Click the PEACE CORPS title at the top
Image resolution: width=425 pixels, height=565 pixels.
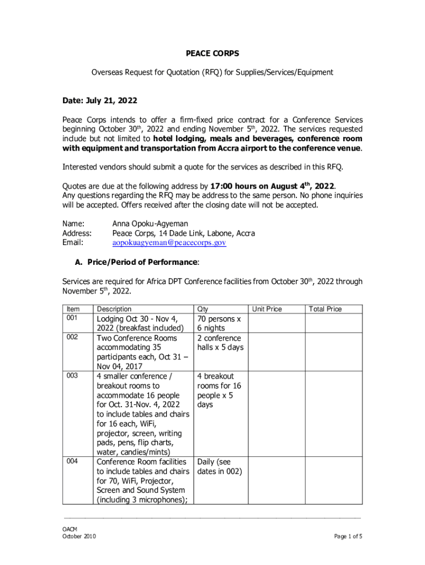(x=212, y=54)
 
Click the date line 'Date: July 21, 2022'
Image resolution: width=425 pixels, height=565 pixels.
(x=99, y=101)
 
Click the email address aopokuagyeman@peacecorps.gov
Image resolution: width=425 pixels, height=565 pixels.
(x=169, y=243)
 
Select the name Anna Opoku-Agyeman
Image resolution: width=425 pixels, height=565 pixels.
(x=150, y=224)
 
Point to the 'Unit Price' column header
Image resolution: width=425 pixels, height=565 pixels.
(x=267, y=309)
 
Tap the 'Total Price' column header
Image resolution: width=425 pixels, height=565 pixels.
(x=325, y=309)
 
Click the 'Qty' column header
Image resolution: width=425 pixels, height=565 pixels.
(x=203, y=309)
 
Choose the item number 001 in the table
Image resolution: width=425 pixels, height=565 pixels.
(x=72, y=319)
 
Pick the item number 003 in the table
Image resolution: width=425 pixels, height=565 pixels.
(x=72, y=376)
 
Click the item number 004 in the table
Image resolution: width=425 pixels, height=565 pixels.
(x=72, y=461)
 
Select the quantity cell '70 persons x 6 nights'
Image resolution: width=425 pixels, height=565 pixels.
(x=219, y=323)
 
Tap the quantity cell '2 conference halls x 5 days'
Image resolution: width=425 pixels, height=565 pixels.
(x=220, y=343)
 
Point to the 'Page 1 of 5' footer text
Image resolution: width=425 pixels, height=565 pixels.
(x=348, y=536)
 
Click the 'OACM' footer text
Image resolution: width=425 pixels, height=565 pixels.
(x=69, y=529)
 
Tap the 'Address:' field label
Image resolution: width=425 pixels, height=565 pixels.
(x=77, y=233)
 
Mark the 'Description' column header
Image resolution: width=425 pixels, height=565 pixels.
(x=114, y=309)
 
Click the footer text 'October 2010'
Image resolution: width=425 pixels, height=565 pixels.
(x=79, y=536)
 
